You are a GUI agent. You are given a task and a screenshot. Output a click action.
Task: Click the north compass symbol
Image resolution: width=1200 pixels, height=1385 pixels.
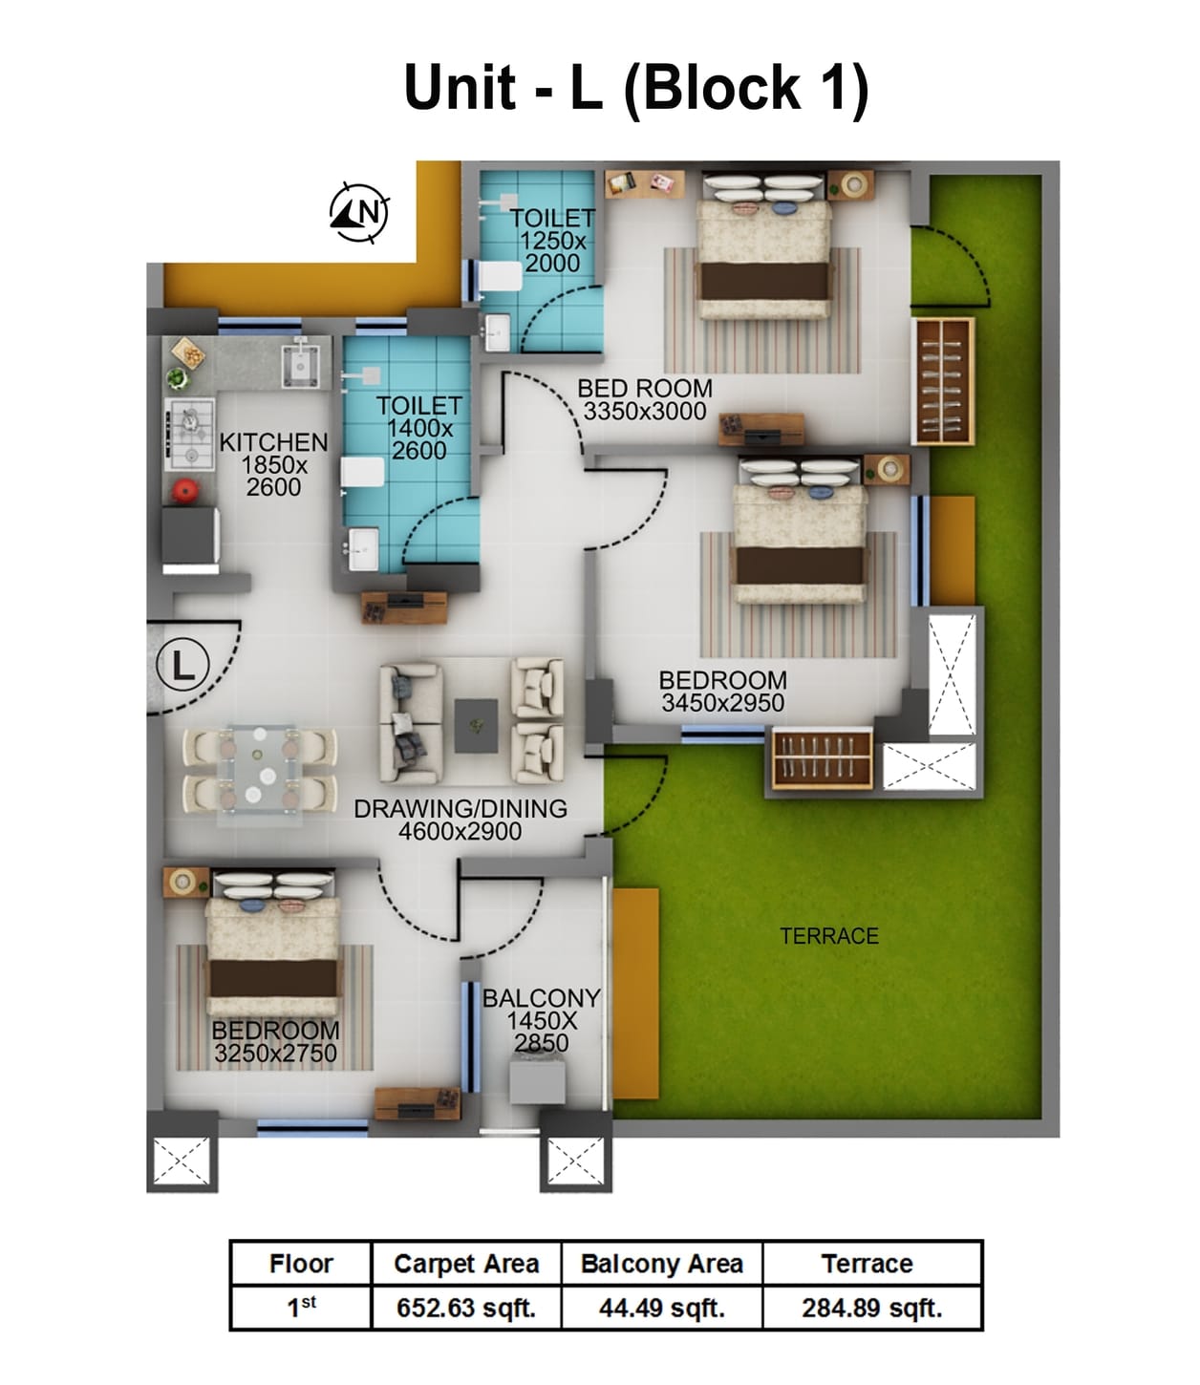tap(359, 211)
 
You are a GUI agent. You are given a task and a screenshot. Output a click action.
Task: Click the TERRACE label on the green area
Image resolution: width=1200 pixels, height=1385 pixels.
tap(828, 936)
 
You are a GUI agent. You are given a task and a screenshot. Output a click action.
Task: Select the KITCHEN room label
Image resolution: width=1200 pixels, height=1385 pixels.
tap(273, 442)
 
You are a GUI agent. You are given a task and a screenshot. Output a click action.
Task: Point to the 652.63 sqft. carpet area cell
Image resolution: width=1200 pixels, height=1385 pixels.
tap(466, 1308)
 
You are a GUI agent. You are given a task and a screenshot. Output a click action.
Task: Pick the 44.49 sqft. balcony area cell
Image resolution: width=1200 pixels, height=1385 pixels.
tap(662, 1308)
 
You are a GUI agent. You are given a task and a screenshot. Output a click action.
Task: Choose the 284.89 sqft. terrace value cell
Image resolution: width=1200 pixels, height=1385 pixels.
tap(871, 1308)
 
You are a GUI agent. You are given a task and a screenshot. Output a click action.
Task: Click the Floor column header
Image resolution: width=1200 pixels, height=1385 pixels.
tap(301, 1264)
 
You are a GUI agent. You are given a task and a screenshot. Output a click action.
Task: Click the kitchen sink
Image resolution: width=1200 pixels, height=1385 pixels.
tap(300, 363)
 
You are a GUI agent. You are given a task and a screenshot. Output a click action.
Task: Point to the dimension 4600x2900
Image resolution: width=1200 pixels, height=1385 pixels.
tap(460, 832)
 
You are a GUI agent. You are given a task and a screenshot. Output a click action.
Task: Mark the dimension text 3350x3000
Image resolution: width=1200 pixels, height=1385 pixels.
tap(645, 412)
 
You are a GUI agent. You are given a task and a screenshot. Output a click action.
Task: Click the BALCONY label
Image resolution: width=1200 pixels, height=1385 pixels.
tap(541, 998)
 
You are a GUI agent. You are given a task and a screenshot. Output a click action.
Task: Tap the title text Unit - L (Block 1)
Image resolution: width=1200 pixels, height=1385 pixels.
tap(636, 88)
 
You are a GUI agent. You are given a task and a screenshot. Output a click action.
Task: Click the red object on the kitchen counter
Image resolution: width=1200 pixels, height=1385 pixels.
tap(184, 491)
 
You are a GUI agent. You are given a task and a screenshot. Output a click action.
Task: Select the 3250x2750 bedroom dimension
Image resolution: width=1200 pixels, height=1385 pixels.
tap(275, 1054)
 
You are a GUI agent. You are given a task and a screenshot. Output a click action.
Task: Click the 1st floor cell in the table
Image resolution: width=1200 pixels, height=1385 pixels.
tap(301, 1308)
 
